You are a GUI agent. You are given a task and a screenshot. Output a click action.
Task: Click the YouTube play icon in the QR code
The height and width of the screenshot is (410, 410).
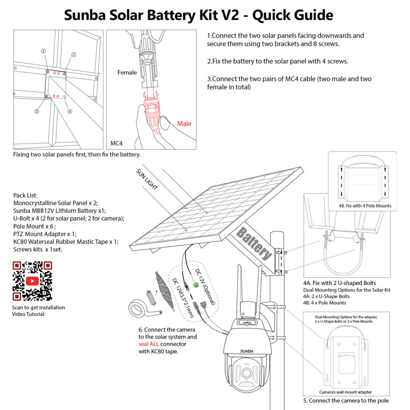pos(32,281)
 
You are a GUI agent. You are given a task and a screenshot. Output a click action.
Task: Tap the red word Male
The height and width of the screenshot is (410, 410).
pos(184,123)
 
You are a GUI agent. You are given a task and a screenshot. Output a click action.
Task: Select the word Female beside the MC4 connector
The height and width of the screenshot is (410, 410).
pos(127,72)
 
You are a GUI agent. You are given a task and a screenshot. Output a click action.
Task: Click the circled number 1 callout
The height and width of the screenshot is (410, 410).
pos(43,51)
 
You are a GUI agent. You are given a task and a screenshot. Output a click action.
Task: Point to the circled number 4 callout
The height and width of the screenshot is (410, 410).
pos(70,111)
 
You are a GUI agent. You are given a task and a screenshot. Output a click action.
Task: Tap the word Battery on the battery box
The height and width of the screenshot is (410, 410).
pos(254,245)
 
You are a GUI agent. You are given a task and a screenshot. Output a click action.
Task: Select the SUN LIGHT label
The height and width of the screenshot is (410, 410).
pos(147,179)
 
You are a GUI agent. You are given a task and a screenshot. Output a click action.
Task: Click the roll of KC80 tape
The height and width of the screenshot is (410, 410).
pos(135,309)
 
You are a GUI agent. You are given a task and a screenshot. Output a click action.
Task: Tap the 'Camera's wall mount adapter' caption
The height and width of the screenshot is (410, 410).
pos(345,392)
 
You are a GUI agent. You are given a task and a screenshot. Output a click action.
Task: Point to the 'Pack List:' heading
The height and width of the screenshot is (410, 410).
pos(25,195)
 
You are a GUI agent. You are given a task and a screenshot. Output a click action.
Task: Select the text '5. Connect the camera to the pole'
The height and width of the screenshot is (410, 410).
pos(346,400)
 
